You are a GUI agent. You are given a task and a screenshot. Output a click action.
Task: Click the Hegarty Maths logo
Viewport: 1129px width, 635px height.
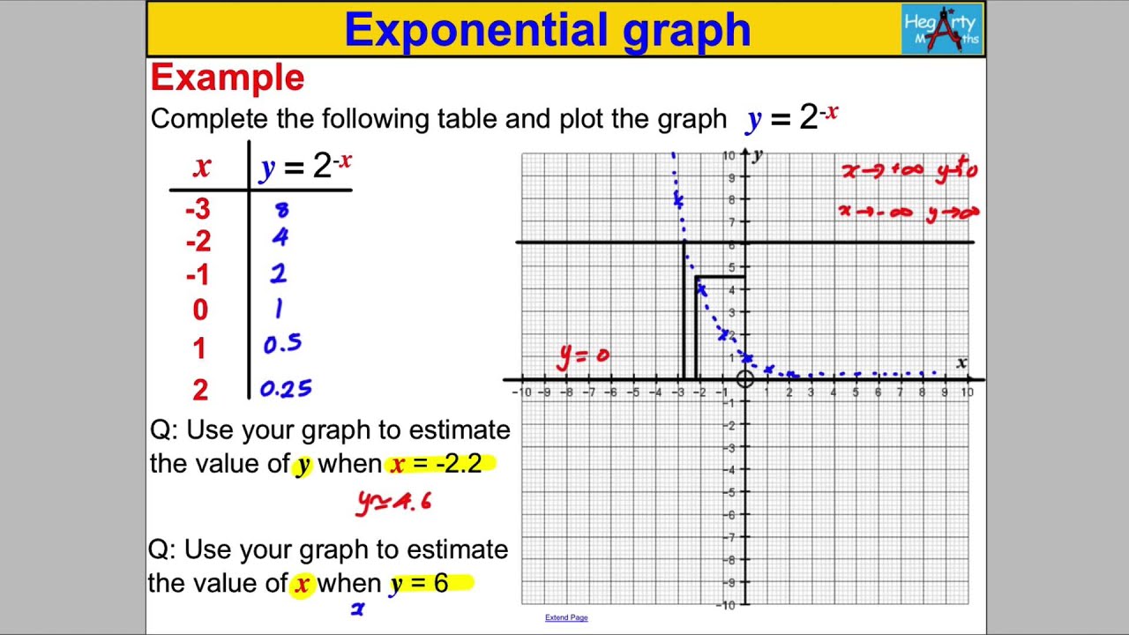[x=941, y=29]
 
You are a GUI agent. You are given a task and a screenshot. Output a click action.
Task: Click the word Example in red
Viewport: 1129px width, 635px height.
[x=228, y=78]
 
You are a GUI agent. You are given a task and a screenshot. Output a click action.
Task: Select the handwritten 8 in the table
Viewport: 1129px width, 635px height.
[x=282, y=210]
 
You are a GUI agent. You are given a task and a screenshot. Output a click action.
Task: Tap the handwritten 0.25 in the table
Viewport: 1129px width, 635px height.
[x=286, y=389]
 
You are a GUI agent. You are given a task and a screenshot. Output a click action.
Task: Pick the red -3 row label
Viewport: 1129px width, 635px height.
[x=198, y=209]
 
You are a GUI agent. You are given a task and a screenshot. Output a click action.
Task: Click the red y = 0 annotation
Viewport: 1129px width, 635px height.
[x=583, y=355]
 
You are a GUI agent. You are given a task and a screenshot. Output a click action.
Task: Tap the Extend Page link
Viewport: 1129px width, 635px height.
[x=566, y=617]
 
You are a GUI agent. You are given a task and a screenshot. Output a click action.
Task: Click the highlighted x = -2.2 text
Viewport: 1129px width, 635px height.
[x=437, y=464]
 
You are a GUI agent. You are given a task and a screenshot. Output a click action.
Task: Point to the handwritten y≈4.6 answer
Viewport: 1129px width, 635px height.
[x=394, y=502]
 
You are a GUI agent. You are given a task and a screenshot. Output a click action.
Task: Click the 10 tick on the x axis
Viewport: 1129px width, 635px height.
[x=968, y=392]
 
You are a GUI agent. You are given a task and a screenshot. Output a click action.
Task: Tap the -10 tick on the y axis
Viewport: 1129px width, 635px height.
[x=729, y=605]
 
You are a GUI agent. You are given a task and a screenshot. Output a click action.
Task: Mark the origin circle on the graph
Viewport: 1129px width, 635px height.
[x=745, y=379]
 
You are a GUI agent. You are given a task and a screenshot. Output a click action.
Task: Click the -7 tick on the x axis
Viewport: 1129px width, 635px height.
[x=588, y=392]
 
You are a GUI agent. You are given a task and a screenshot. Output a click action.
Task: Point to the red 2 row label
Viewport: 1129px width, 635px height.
[x=200, y=389]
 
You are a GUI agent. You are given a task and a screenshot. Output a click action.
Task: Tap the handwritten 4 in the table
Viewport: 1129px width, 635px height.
[x=280, y=237]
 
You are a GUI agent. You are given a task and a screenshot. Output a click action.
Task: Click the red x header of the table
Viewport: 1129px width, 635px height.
[x=202, y=166]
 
